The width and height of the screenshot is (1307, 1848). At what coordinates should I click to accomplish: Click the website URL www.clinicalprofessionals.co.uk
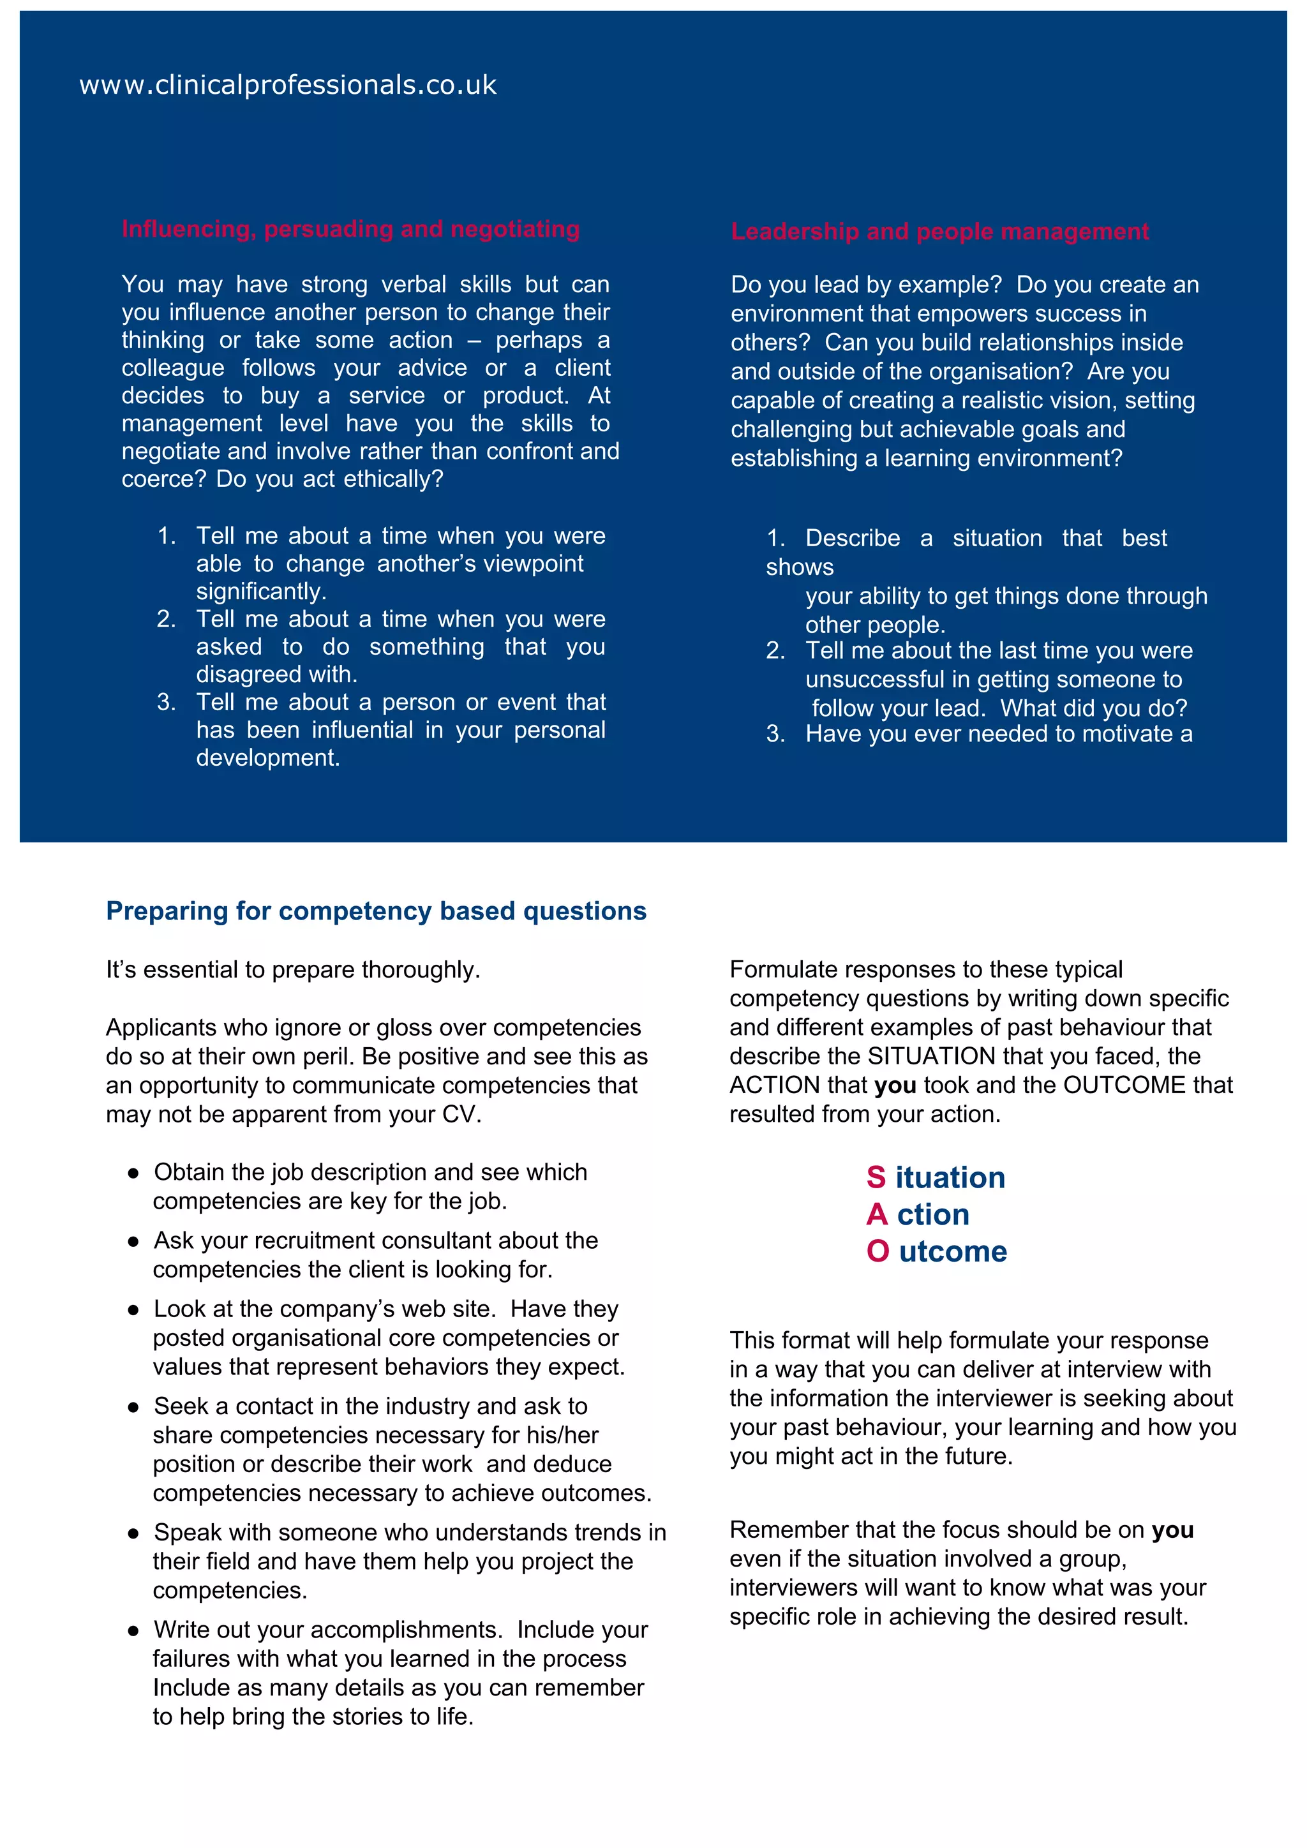click(287, 84)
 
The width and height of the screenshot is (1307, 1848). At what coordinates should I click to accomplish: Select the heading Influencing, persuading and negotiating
click(350, 228)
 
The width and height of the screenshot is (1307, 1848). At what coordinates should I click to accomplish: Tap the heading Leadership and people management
click(939, 231)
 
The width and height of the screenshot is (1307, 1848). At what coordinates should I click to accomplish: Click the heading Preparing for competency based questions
click(376, 911)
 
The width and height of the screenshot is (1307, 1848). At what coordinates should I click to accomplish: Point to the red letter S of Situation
click(876, 1177)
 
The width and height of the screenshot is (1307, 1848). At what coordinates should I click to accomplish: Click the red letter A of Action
click(876, 1214)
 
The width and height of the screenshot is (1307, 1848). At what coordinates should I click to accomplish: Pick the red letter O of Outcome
click(878, 1251)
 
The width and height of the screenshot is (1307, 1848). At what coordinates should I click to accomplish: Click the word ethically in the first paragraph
click(392, 479)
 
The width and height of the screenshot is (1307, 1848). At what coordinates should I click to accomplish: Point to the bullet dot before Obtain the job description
click(133, 1174)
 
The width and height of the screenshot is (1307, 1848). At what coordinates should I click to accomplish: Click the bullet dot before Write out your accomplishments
click(133, 1630)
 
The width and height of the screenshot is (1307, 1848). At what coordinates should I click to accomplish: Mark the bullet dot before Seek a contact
click(133, 1407)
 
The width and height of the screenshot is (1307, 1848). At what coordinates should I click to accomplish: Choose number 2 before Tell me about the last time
click(774, 650)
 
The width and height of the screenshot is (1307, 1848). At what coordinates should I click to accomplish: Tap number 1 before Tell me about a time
click(166, 536)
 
